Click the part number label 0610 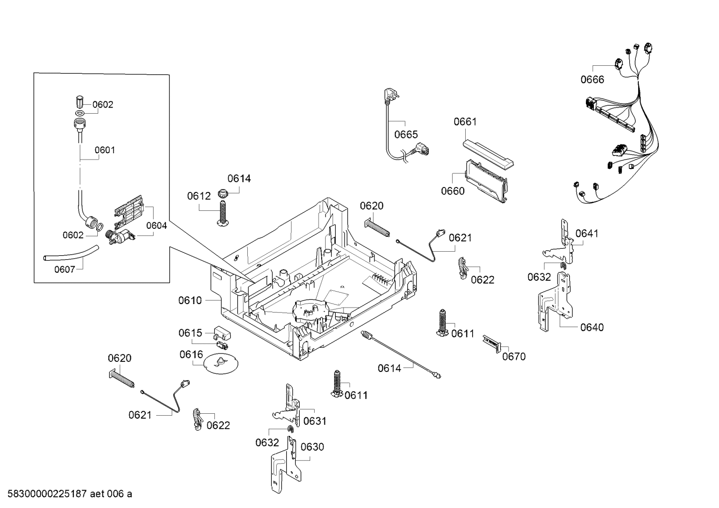point(190,301)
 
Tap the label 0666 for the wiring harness point(592,80)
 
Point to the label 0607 point(64,270)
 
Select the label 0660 point(452,191)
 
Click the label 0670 point(514,356)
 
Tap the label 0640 point(592,328)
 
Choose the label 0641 point(587,233)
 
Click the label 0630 point(312,447)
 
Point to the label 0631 point(315,421)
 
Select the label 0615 point(190,333)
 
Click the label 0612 point(199,196)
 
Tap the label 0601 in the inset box point(105,150)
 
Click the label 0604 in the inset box point(157,226)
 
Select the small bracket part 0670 point(491,343)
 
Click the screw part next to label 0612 point(223,212)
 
